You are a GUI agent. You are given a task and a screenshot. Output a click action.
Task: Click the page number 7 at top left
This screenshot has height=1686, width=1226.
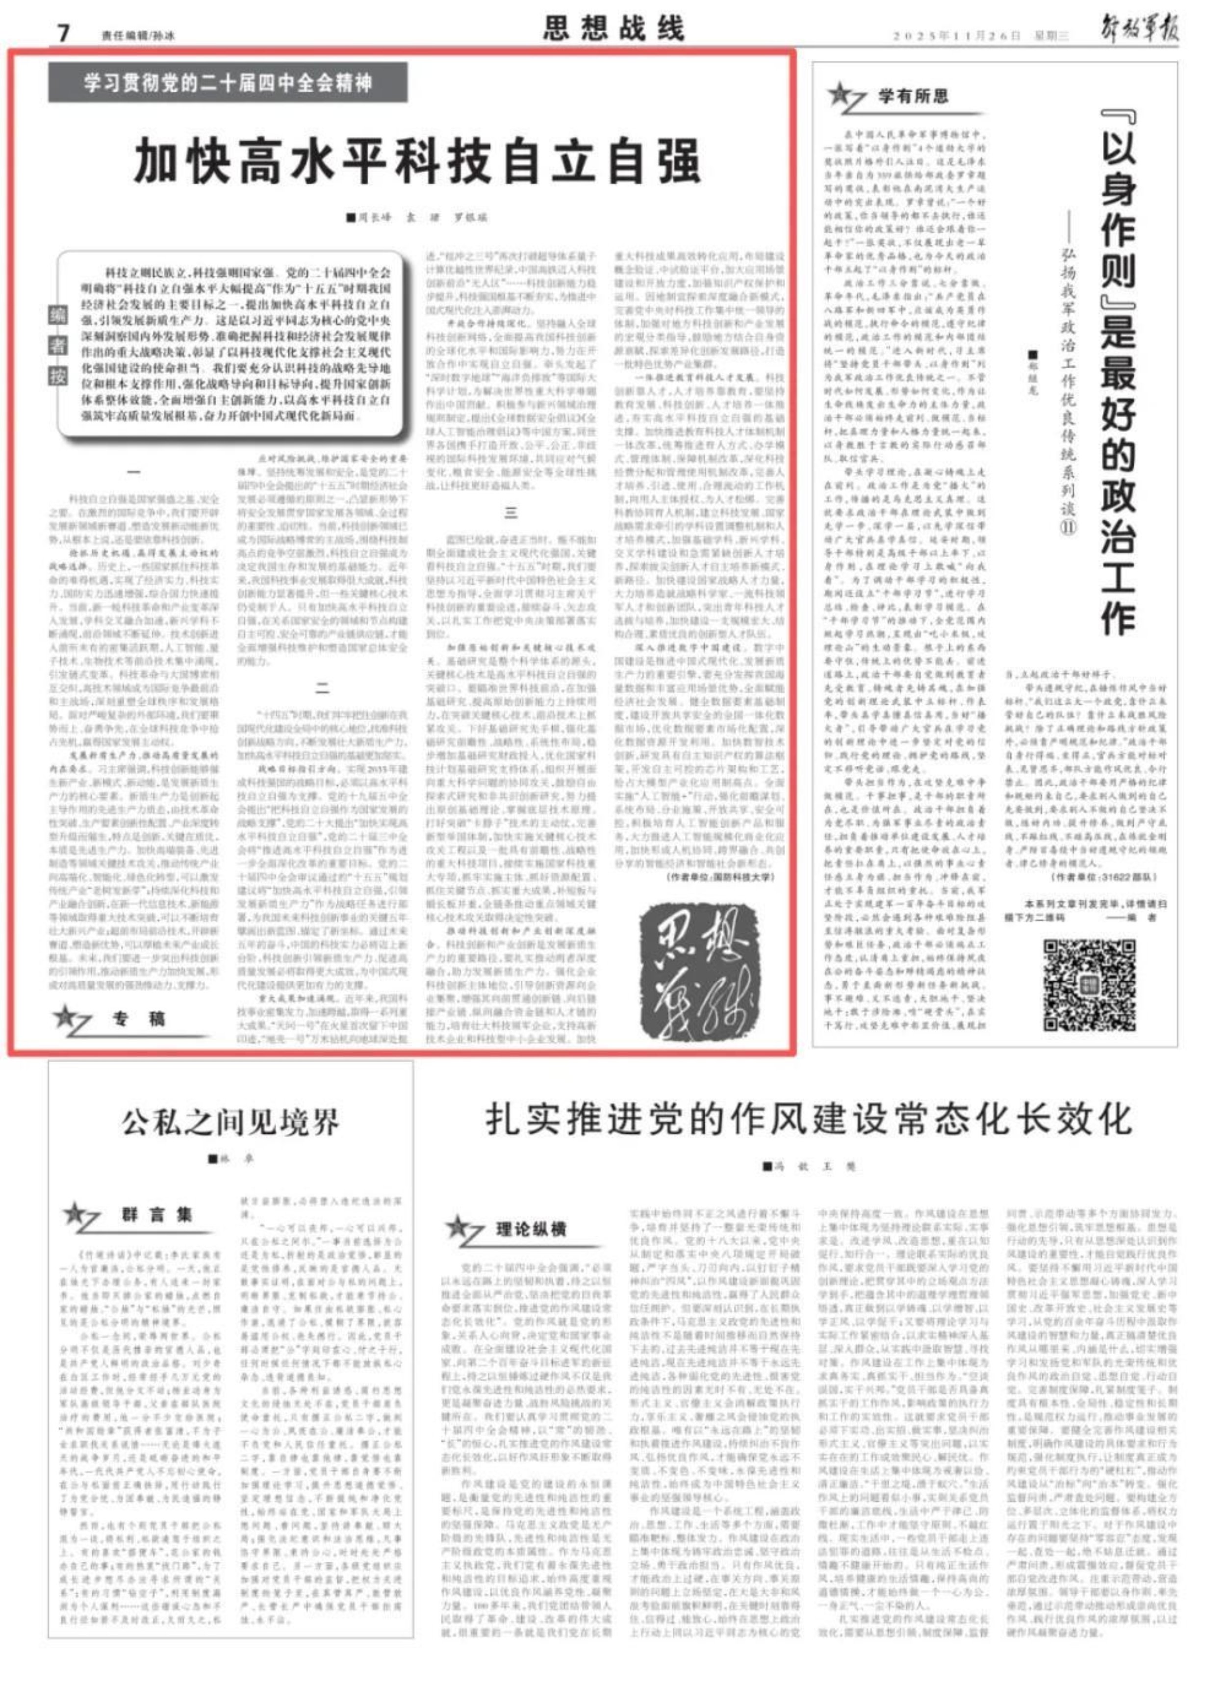[x=63, y=33]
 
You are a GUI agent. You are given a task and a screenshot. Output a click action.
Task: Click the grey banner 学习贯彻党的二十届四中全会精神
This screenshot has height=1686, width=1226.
[x=228, y=82]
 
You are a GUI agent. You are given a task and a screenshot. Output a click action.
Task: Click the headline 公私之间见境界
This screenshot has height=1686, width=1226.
[x=230, y=1122]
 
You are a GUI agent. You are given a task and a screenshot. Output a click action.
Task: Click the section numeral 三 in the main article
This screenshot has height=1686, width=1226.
[x=511, y=513]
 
